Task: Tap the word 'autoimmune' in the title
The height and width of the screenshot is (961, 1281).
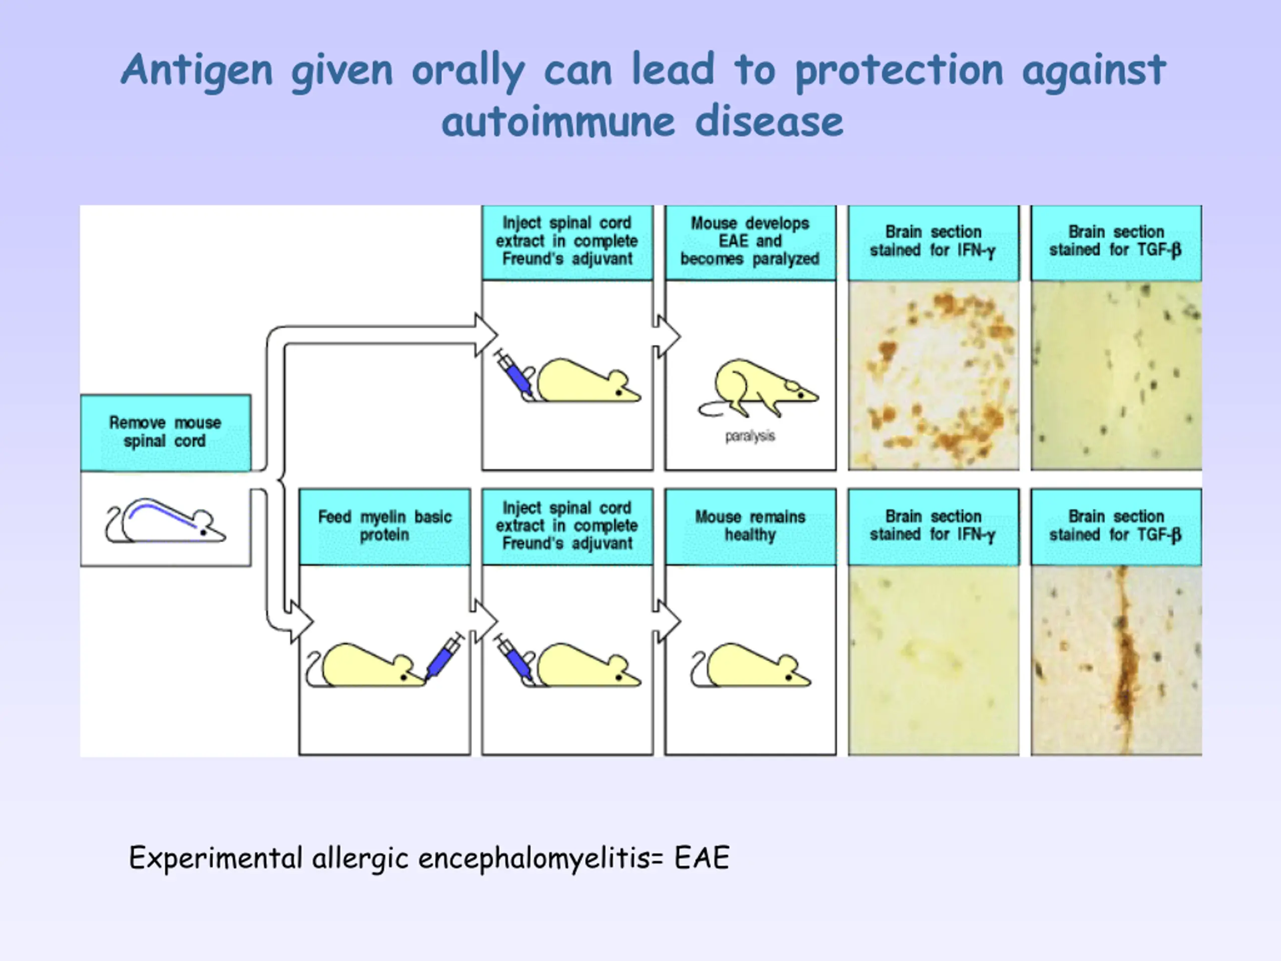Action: (x=558, y=122)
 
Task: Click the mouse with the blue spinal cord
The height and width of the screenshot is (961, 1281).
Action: (x=166, y=521)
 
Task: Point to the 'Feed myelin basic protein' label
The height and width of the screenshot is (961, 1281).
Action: (x=384, y=527)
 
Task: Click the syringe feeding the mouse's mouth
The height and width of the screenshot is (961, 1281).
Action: (x=444, y=656)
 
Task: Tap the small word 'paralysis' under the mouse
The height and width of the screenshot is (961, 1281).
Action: (x=750, y=436)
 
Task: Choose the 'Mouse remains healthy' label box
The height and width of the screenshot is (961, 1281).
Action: (x=751, y=527)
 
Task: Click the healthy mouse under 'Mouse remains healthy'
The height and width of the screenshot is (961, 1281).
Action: (x=751, y=665)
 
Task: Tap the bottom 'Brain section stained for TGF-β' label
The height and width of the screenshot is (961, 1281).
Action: (x=1116, y=527)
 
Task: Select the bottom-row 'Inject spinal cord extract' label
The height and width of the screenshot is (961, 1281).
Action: (x=567, y=527)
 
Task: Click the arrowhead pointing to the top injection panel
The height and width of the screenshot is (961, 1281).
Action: (x=486, y=335)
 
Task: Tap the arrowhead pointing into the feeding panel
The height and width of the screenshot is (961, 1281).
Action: (x=302, y=622)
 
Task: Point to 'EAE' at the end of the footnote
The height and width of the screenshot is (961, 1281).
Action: (x=702, y=858)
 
